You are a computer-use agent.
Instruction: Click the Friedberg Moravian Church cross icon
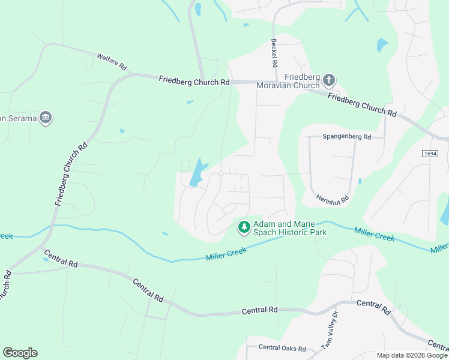point(328,80)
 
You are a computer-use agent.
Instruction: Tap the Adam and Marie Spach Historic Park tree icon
point(244,227)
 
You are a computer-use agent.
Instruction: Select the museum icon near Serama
point(45,117)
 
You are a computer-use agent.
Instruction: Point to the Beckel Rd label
point(274,53)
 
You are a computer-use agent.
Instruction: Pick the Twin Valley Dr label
point(330,339)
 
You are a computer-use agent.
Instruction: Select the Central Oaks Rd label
point(282,348)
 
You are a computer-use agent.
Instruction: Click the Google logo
point(20,353)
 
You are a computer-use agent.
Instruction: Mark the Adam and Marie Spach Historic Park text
point(290,227)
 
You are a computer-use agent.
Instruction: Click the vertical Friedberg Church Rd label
point(71,175)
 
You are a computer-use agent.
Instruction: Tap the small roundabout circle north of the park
point(221,173)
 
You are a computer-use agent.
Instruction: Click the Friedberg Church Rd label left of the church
point(194,81)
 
